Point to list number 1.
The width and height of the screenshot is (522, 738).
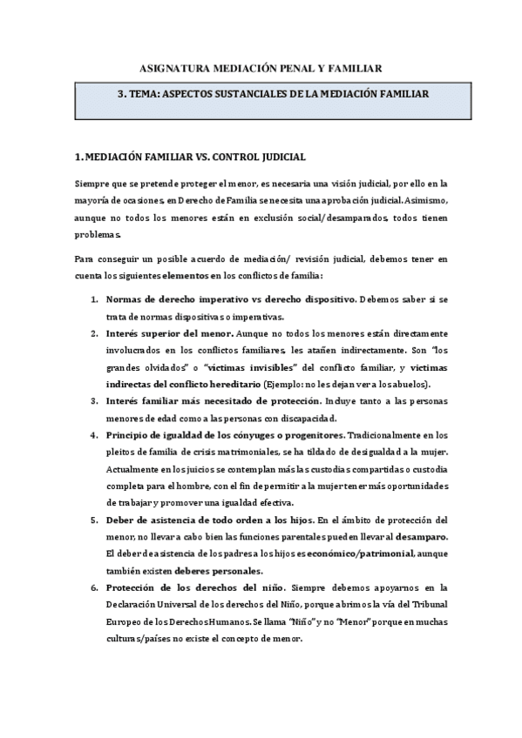pos(93,299)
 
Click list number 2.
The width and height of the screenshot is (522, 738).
pos(93,333)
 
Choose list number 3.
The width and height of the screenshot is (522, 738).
pos(93,401)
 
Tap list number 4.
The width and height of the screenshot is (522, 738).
pos(93,435)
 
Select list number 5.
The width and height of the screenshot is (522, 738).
pos(93,520)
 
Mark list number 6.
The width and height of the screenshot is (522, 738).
pos(93,587)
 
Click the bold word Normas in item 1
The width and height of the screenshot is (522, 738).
pos(124,299)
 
